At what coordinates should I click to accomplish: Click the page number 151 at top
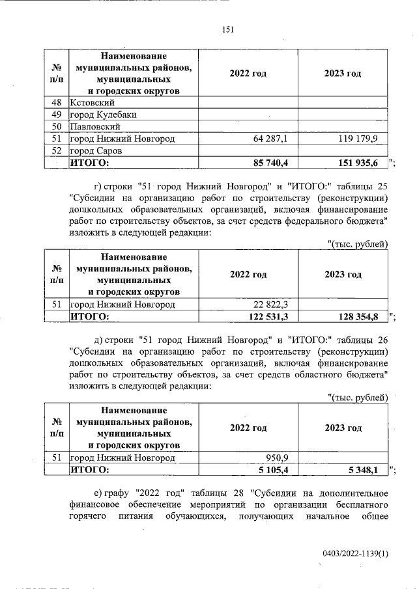click(228, 29)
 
